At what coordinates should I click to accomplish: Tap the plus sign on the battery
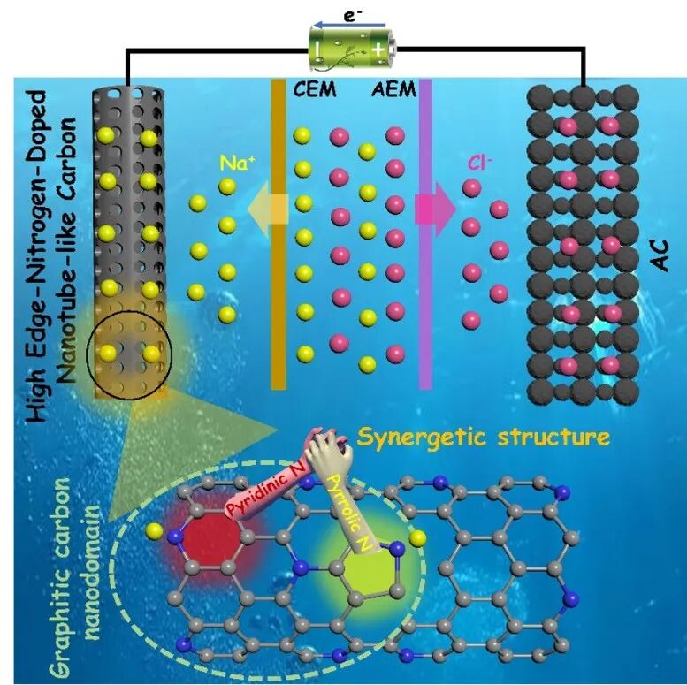pos(378,50)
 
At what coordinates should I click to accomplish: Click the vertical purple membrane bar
pos(425,234)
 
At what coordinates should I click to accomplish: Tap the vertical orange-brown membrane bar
pos(279,234)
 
